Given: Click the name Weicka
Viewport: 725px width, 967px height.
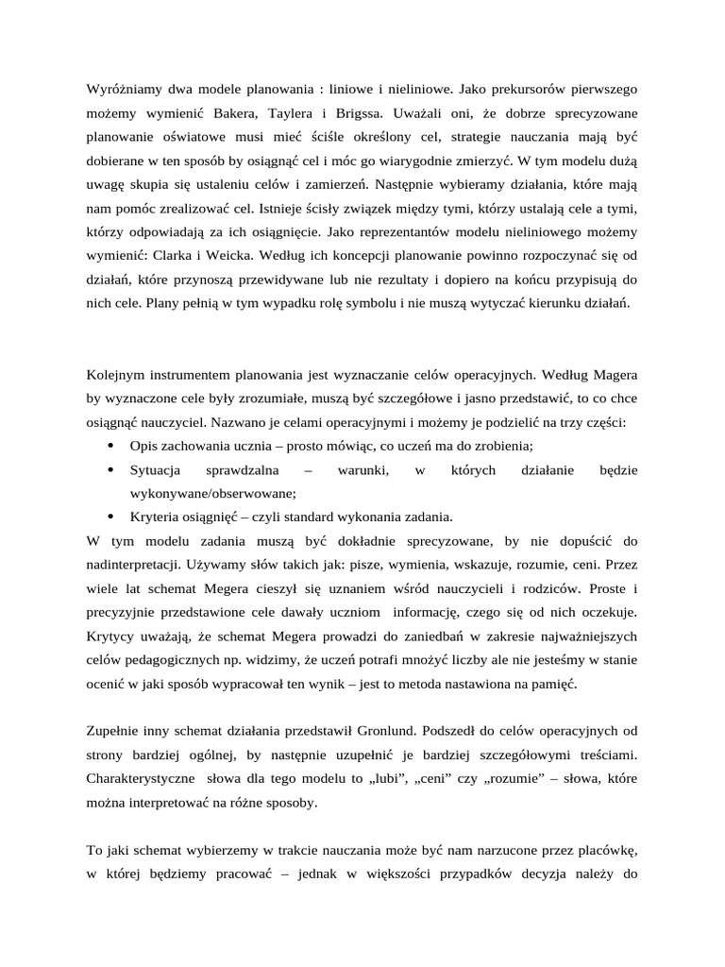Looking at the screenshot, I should [x=225, y=255].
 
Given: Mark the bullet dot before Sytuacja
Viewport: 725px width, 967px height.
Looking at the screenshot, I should [x=110, y=469].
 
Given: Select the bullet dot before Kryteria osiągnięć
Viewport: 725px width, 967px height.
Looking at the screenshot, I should [x=110, y=517].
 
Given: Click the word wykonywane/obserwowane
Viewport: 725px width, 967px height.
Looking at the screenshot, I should [x=212, y=493].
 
